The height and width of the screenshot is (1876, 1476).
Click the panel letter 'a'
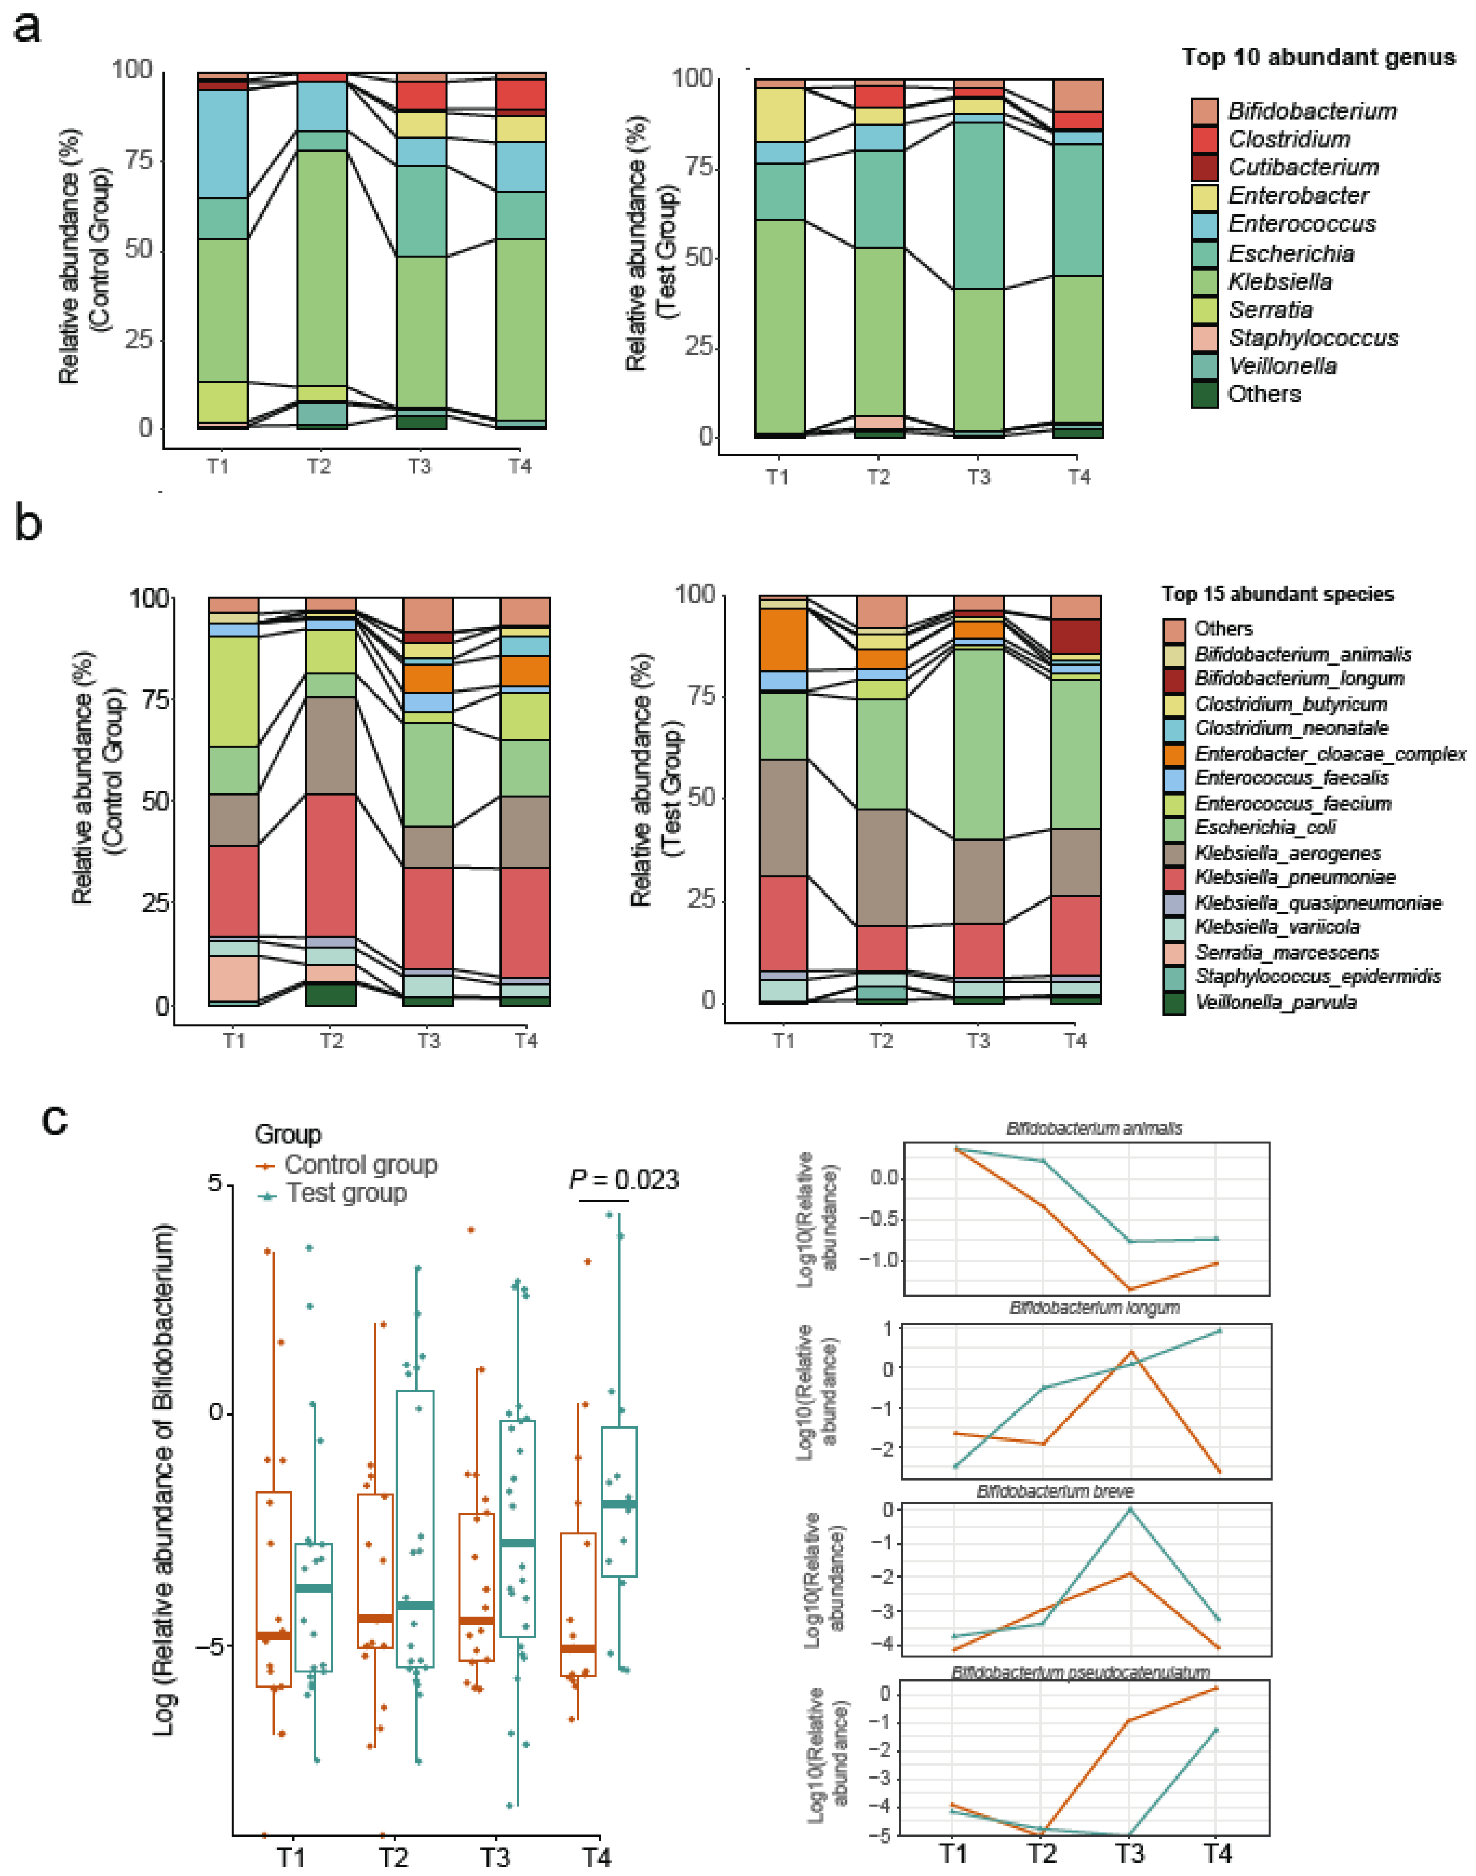[x=28, y=28]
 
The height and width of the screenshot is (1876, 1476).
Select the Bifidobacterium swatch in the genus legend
[x=1204, y=110]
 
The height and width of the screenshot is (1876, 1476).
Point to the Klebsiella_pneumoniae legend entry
[x=1295, y=877]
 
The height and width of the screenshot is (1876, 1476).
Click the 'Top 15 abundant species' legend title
[x=1277, y=595]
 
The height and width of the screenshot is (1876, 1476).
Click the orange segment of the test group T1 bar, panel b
[x=783, y=640]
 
